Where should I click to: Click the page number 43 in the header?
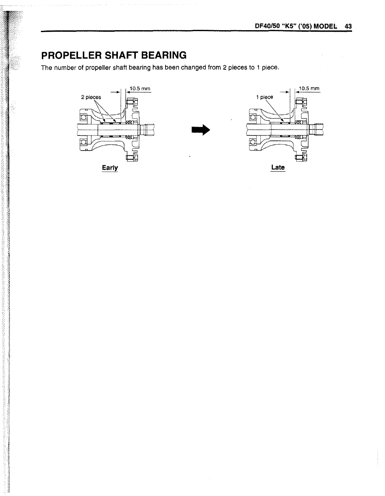348,26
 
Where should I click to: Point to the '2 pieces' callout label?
91,97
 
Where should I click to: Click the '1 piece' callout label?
265,97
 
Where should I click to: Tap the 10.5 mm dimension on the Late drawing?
309,89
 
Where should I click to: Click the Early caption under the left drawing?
110,168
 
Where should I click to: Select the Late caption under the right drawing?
278,167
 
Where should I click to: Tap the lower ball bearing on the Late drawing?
252,142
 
